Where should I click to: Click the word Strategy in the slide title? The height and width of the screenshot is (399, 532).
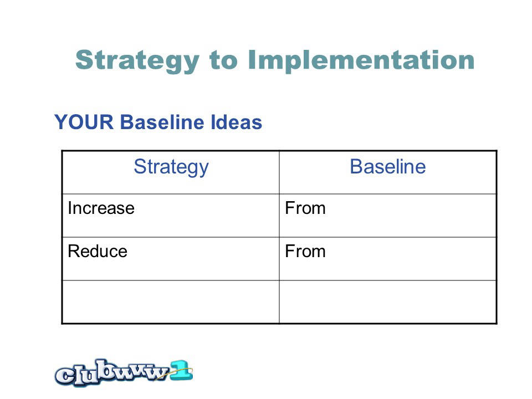click(137, 61)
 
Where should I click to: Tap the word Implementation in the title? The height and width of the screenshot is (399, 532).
click(361, 60)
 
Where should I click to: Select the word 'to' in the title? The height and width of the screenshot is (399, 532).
click(223, 60)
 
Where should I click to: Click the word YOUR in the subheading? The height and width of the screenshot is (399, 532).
click(84, 122)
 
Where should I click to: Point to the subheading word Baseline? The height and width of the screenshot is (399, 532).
click(162, 122)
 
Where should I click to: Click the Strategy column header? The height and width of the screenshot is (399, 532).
click(171, 167)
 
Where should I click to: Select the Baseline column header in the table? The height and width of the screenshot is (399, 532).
click(388, 167)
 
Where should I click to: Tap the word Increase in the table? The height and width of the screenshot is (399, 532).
click(101, 208)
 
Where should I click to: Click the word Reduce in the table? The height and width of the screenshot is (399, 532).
click(98, 252)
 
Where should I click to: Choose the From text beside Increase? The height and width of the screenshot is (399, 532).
click(305, 208)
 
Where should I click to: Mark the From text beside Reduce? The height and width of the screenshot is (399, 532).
click(305, 252)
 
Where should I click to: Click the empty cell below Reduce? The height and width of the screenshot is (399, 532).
click(171, 302)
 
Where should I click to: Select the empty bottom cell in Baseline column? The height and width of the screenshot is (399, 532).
click(388, 302)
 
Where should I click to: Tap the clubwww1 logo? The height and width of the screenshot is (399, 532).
click(124, 373)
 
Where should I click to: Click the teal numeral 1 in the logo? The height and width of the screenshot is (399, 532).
click(181, 370)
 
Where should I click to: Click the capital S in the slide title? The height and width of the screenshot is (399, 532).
click(84, 60)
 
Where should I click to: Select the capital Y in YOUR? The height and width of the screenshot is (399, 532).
click(61, 122)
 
